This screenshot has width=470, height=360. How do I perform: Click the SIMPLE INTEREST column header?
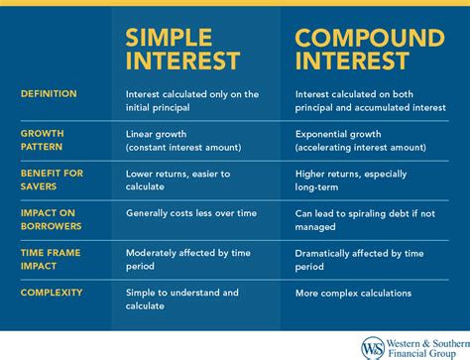[x=183, y=50]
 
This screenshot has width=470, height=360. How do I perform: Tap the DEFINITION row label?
[x=50, y=94]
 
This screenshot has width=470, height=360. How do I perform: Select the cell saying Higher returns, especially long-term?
[x=353, y=179]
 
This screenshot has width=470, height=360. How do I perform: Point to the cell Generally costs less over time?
[x=190, y=212]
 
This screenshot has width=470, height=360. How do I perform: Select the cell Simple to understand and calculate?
[x=182, y=300]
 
